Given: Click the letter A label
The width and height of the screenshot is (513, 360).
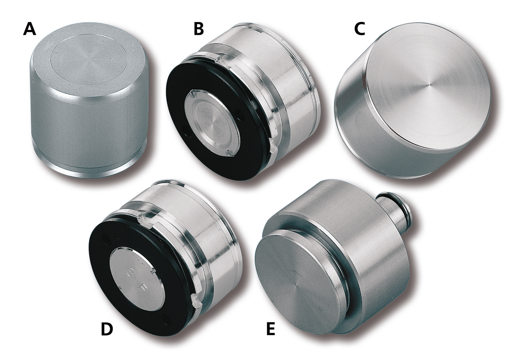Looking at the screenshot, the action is (x=30, y=29).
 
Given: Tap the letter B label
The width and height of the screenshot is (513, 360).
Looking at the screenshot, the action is (x=198, y=29).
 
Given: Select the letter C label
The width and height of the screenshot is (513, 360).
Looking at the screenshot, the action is (x=360, y=29).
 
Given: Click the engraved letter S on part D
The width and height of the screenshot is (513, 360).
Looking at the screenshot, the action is (x=130, y=274).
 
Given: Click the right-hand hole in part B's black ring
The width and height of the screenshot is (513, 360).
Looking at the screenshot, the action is (x=239, y=113).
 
